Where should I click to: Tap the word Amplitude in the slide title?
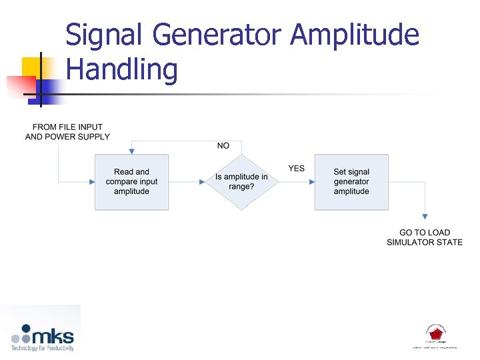pos(356,35)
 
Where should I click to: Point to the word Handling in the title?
pos(122,69)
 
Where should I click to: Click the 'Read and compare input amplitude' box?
pos(131,181)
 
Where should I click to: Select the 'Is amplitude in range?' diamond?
pos(241,181)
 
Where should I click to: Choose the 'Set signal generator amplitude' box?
pos(351,181)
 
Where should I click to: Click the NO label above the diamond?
pos(223,145)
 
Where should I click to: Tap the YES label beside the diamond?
pos(297,169)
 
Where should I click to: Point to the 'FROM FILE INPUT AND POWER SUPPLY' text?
pos(67,132)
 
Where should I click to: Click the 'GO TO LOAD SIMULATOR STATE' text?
pos(425,237)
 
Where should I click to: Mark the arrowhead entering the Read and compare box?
pos(92,181)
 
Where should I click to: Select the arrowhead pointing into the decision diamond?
pos(202,181)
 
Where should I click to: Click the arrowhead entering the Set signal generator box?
pos(311,181)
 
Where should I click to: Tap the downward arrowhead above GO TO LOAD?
pos(425,216)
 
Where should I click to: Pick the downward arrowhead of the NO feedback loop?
pos(131,151)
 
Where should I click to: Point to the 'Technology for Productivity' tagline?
pos(41,347)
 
